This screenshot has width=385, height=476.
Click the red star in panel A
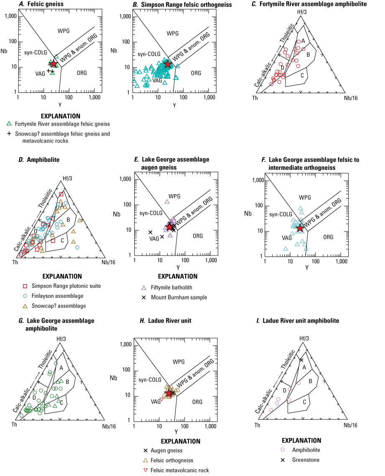tap(53, 63)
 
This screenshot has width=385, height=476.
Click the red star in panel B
tap(168, 64)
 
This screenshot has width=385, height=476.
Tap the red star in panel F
tap(300, 228)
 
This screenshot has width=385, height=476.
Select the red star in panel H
tap(169, 393)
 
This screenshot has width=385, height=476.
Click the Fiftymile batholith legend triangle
tap(144, 288)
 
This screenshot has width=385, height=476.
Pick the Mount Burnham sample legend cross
tap(144, 297)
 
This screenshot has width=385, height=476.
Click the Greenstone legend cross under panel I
tap(283, 460)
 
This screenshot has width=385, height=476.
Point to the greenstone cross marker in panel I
tap(301, 360)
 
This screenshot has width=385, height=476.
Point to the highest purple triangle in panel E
tap(167, 202)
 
